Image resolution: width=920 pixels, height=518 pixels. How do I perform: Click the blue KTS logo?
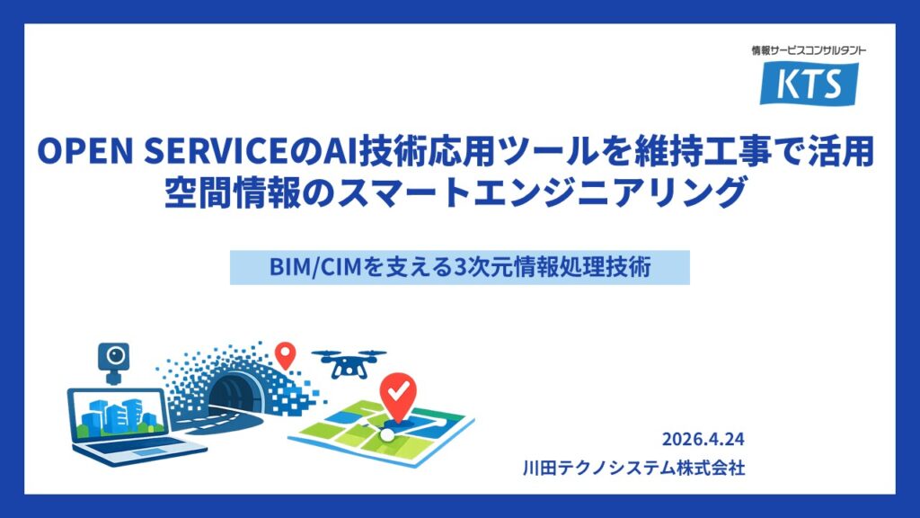[809, 84]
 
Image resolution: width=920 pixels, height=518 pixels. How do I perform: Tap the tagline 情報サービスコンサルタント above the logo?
[809, 50]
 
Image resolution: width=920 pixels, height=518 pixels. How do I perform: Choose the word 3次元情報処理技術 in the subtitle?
[553, 266]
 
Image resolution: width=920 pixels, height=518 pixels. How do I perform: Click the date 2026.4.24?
[703, 439]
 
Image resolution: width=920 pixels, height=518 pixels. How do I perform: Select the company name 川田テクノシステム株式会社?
[633, 468]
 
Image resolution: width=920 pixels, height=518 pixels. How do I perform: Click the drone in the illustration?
[349, 362]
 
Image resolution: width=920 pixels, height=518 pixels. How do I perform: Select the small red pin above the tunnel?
[285, 354]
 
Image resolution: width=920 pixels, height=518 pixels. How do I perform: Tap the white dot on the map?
[387, 434]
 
